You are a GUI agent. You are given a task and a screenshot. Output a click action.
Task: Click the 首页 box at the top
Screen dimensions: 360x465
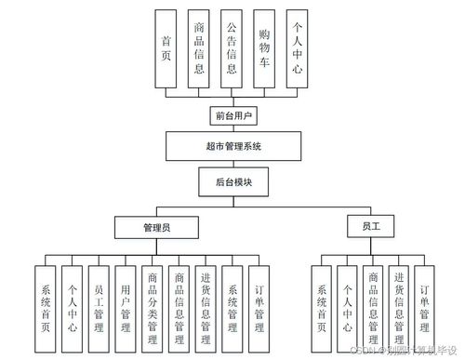166,48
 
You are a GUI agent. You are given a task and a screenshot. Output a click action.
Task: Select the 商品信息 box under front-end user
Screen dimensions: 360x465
199,48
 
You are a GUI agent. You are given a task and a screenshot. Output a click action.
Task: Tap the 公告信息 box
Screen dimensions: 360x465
232,48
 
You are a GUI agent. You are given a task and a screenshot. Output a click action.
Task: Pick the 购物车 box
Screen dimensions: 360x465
265,48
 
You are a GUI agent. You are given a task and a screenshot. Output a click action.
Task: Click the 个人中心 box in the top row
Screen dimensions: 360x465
298,48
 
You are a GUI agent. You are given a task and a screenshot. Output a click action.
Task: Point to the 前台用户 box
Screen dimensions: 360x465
232,116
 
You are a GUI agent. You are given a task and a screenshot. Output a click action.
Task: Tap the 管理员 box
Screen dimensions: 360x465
154,226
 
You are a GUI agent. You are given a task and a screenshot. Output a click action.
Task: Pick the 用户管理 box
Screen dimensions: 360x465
126,308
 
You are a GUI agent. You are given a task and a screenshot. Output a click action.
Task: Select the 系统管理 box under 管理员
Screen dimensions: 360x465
232,308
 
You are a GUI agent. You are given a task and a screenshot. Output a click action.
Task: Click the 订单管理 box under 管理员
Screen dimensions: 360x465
259,308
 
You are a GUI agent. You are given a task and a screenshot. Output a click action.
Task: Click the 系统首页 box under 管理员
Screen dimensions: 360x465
45,308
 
